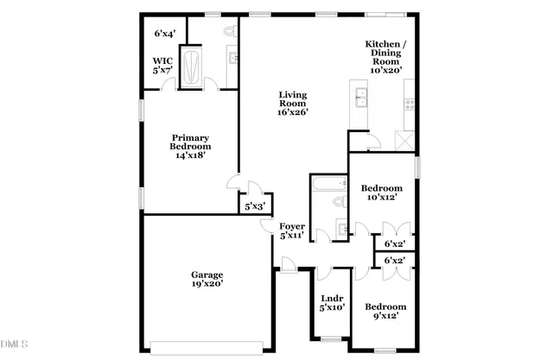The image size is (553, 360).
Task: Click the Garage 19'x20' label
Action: [x=207, y=278]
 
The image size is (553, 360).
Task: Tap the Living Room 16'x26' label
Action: [x=293, y=103]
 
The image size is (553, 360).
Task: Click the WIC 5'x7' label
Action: [x=163, y=66]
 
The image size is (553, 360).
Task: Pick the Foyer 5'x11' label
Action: [x=291, y=231]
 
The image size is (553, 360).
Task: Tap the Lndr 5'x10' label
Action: [x=333, y=303]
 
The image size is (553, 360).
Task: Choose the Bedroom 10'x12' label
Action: [x=381, y=193]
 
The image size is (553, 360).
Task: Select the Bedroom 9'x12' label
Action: [x=385, y=312]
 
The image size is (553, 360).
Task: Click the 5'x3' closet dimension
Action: [x=254, y=206]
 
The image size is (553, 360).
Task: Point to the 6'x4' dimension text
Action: [x=165, y=34]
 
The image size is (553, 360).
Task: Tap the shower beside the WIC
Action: [x=195, y=65]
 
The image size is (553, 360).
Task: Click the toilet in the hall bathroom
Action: [x=340, y=202]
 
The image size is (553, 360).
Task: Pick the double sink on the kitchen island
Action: [x=359, y=97]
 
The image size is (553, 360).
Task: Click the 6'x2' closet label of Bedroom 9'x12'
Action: [x=394, y=260]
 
